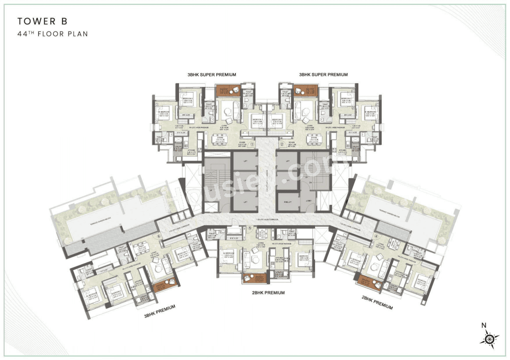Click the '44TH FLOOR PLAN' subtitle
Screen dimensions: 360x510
pos(52,34)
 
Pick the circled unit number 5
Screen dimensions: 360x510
pos(250,228)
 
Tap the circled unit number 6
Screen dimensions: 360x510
pos(159,236)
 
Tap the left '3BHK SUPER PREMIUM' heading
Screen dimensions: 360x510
pos(212,74)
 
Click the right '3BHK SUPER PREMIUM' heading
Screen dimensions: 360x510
pos(323,74)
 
